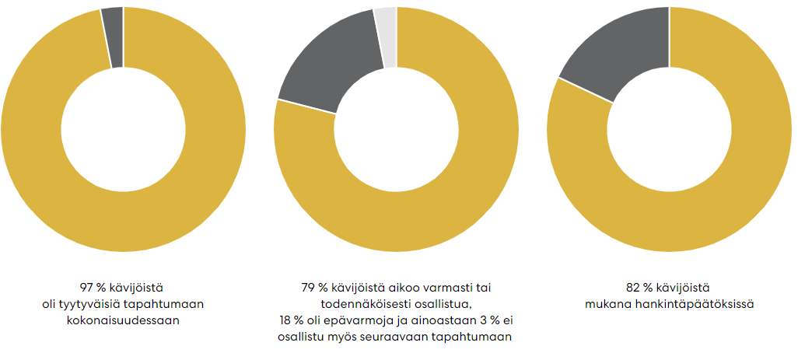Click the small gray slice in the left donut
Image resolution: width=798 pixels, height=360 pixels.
point(113,37)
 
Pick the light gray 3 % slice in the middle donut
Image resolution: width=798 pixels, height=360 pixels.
point(385,36)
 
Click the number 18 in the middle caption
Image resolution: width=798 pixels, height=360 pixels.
point(285,320)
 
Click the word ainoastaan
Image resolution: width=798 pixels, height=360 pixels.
point(433,320)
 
